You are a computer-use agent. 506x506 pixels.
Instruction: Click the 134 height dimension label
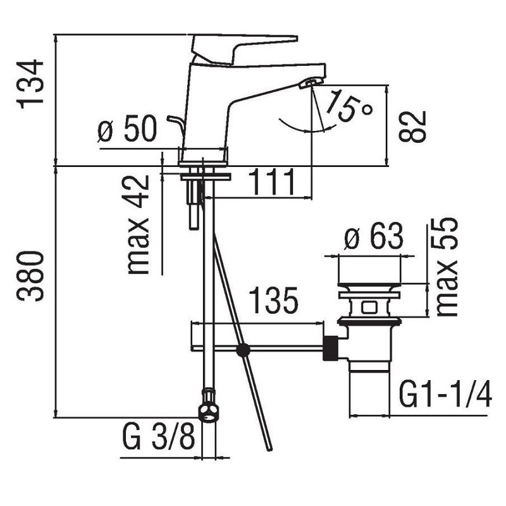click(x=31, y=84)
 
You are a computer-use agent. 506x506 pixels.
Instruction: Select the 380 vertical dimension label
click(x=31, y=276)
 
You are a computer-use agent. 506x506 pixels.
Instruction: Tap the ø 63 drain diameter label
click(x=373, y=238)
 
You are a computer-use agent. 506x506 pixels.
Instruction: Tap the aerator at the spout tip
click(x=311, y=82)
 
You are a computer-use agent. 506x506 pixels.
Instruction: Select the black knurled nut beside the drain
click(x=330, y=348)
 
